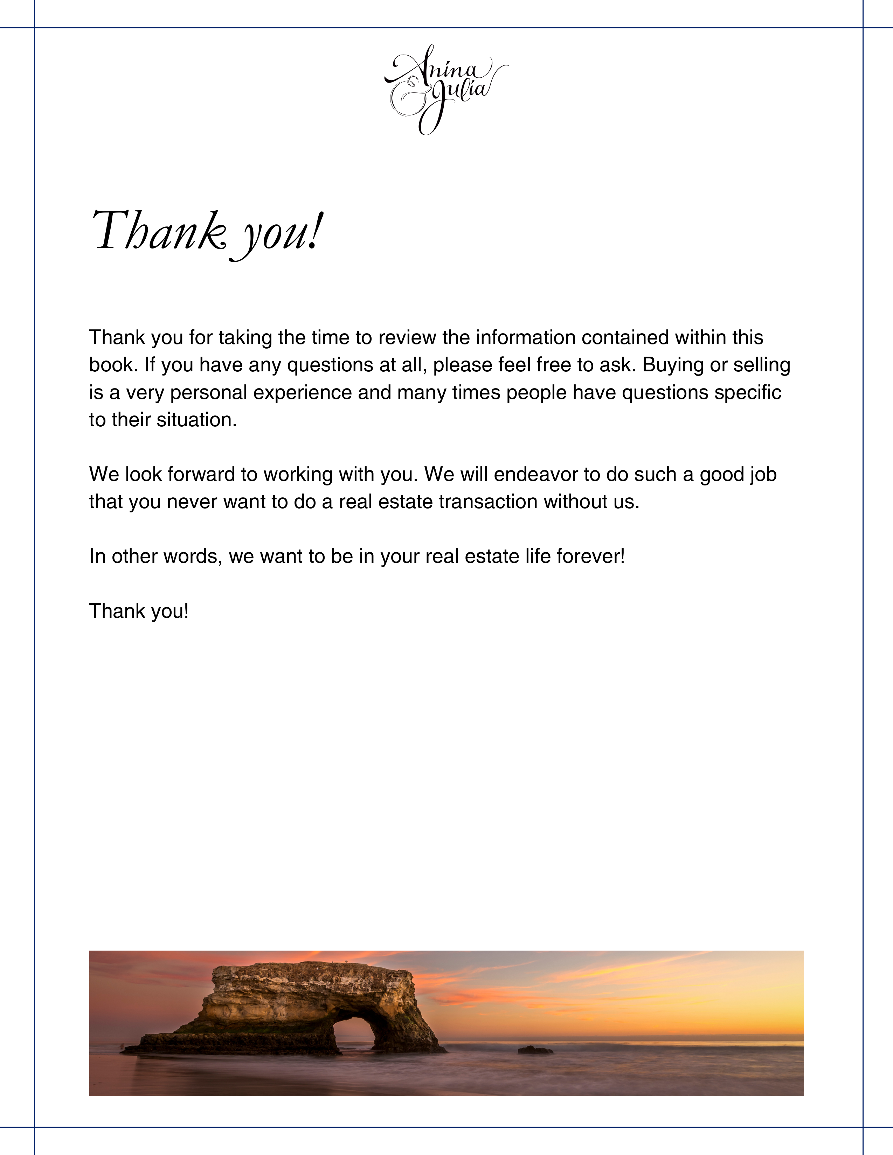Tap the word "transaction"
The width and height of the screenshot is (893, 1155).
[x=488, y=501]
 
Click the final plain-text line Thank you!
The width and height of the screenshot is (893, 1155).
[x=139, y=611]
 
